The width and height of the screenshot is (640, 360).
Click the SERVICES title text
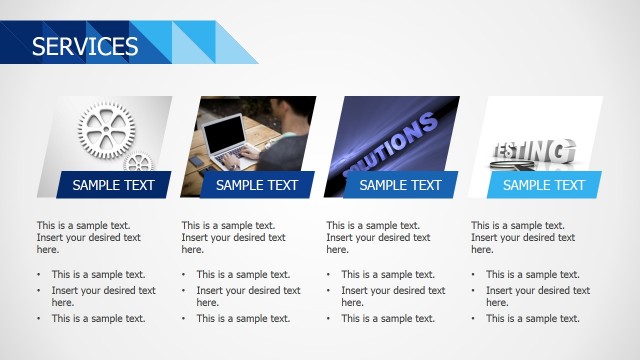pos(85,46)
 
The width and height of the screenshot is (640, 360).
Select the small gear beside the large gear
pos(139,162)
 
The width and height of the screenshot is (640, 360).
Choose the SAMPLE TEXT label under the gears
pos(113,185)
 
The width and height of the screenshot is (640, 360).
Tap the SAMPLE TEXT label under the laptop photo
pos(257,185)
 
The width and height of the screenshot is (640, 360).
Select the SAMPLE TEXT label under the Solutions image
pos(400,185)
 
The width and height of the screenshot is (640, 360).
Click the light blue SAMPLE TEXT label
pos(544,185)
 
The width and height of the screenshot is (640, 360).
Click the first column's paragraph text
pos(84,238)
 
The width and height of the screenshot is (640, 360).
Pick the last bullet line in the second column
pos(243,318)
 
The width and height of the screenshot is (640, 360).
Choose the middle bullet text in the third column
pos(393,296)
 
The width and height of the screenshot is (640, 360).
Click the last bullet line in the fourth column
pos(533,318)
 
